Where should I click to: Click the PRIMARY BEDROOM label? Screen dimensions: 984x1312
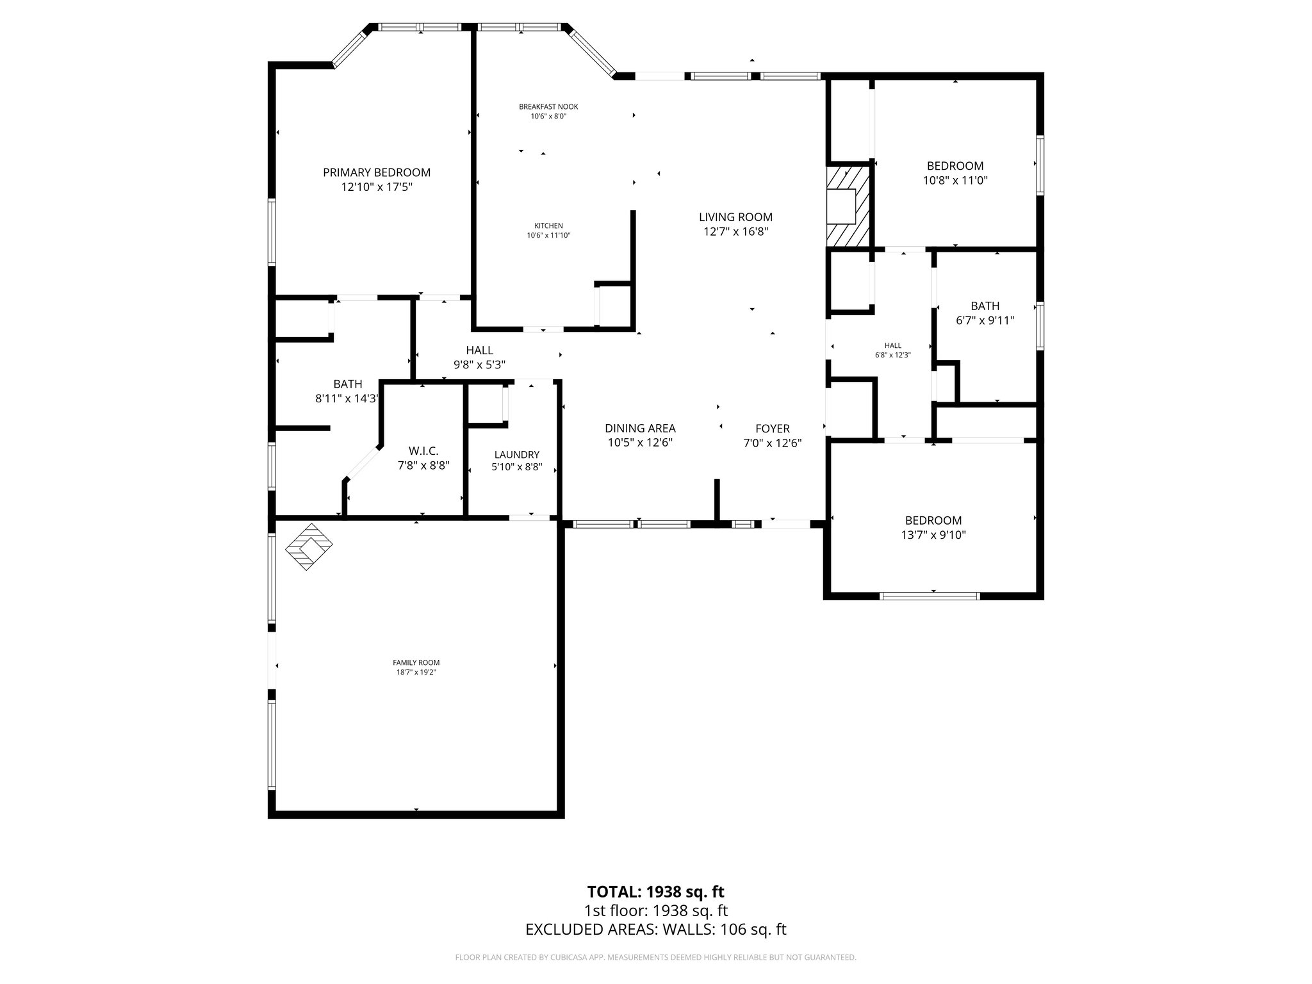pos(376,172)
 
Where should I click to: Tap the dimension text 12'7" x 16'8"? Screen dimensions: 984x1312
pos(735,232)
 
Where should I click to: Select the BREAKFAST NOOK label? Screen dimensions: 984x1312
pos(548,107)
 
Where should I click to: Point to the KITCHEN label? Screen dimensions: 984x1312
pos(548,225)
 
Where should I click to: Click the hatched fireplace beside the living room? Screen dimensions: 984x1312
pos(848,206)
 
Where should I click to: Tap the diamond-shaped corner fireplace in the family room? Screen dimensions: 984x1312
pos(309,546)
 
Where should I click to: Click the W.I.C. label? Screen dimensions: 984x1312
pos(423,451)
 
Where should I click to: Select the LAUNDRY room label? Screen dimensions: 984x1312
pos(516,455)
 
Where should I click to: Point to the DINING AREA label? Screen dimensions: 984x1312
pos(640,428)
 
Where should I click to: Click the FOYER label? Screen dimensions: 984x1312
pos(772,429)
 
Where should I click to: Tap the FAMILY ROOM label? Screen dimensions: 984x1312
pos(416,662)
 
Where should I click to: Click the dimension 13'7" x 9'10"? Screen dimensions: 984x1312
pos(933,535)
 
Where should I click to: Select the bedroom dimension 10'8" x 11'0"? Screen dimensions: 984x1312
pos(955,181)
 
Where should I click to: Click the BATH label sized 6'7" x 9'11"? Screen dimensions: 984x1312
pos(985,306)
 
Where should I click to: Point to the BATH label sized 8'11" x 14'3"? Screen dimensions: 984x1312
pos(347,384)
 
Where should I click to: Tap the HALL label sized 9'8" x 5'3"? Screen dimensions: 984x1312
pos(479,350)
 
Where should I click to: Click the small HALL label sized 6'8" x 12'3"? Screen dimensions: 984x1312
pos(892,345)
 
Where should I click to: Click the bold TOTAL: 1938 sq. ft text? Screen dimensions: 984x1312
pos(655,892)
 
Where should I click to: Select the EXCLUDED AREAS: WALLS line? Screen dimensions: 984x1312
pos(655,930)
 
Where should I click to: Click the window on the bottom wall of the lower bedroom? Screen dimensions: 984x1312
pos(930,596)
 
